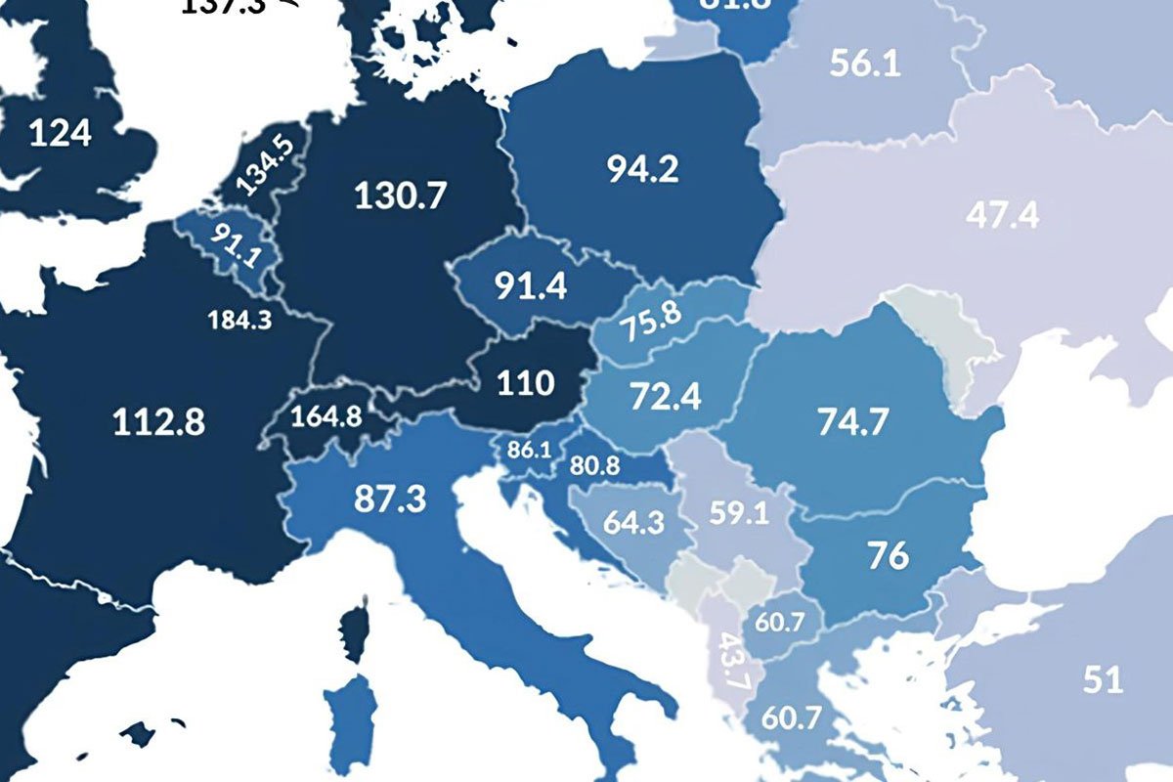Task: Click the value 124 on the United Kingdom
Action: [60, 132]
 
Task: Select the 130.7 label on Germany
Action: [400, 195]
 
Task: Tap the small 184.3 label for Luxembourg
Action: [239, 320]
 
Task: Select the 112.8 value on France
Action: [158, 422]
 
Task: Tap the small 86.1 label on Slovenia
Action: [529, 451]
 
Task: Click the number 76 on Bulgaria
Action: [887, 555]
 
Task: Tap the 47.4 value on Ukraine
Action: [1003, 215]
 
